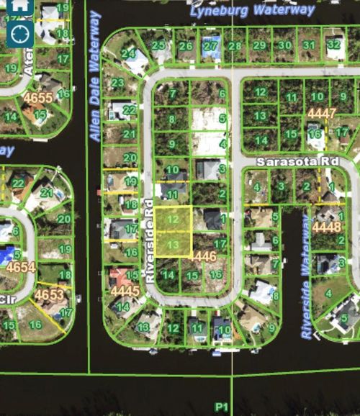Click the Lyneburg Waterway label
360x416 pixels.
click(x=252, y=10)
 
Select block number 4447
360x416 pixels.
click(x=321, y=114)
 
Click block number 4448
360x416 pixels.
click(x=328, y=227)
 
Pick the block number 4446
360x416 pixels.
click(x=204, y=256)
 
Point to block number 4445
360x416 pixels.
click(x=125, y=290)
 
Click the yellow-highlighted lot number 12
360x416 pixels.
click(x=173, y=219)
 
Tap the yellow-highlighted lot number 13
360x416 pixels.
click(x=173, y=245)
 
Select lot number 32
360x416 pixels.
click(x=333, y=45)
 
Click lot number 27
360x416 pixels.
click(x=210, y=46)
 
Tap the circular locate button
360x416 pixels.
click(x=20, y=32)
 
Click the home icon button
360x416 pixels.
click(x=20, y=5)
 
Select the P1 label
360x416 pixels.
click(x=222, y=407)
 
